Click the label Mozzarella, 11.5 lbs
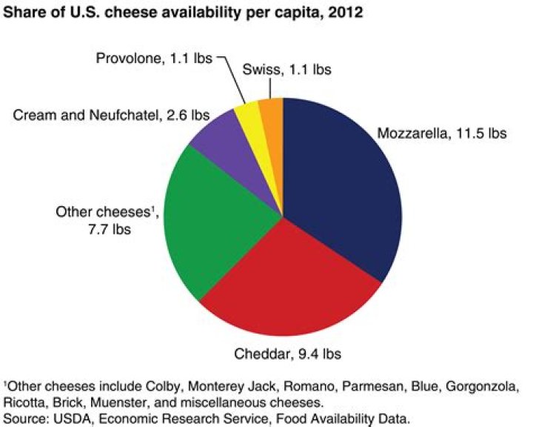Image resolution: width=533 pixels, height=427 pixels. coord(442,135)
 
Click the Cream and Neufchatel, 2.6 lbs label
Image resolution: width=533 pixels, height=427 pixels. coord(110,116)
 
